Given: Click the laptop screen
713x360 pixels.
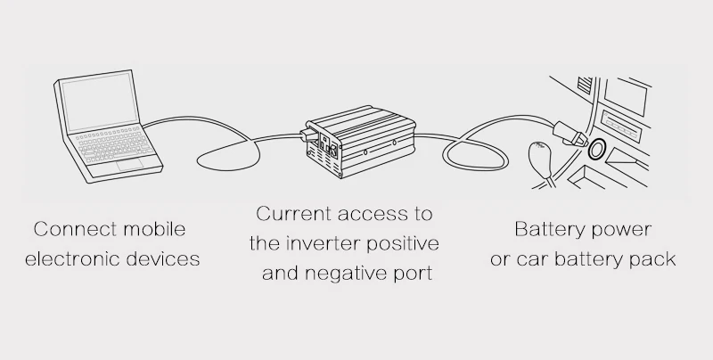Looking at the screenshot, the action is click(x=100, y=102).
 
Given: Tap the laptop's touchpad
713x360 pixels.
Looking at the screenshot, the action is click(x=130, y=164).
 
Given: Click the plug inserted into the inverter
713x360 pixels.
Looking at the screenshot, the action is click(x=307, y=135).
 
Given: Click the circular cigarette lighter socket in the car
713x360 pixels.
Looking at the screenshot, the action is click(x=596, y=149).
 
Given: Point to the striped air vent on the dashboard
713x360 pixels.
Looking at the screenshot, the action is click(x=585, y=85).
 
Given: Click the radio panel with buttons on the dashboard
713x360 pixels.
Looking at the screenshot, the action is click(x=621, y=124).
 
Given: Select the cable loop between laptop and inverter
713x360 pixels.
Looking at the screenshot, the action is click(x=228, y=155).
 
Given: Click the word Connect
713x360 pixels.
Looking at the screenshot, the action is click(x=76, y=229).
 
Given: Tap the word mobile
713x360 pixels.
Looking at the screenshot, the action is click(x=154, y=229).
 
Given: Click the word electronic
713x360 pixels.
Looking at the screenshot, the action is click(x=73, y=258).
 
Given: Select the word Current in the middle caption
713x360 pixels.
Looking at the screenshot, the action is click(x=294, y=214).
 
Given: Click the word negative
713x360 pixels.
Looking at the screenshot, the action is click(x=345, y=274).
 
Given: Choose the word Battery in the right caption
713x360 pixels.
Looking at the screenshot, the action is click(x=547, y=229).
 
